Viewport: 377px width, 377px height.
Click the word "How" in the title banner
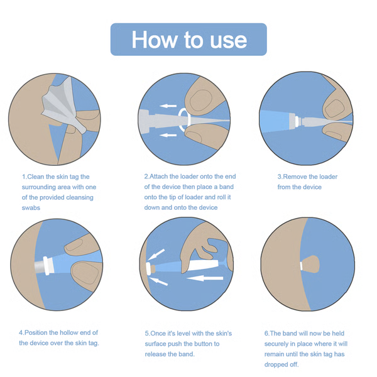pos(154,40)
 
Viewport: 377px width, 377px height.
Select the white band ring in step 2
pos(185,119)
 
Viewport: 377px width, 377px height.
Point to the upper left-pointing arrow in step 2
pos(168,106)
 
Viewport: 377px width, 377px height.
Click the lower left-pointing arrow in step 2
pos(168,135)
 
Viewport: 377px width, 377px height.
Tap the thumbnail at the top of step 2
pos(200,101)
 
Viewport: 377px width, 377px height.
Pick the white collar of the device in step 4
pos(48,265)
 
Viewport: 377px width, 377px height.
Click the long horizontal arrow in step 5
pos(205,278)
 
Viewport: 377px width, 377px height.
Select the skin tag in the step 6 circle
pos(310,265)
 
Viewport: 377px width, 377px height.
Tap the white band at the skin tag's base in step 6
pos(301,266)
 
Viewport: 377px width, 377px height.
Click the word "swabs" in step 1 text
pos(31,208)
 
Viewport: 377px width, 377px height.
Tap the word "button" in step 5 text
pos(193,344)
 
